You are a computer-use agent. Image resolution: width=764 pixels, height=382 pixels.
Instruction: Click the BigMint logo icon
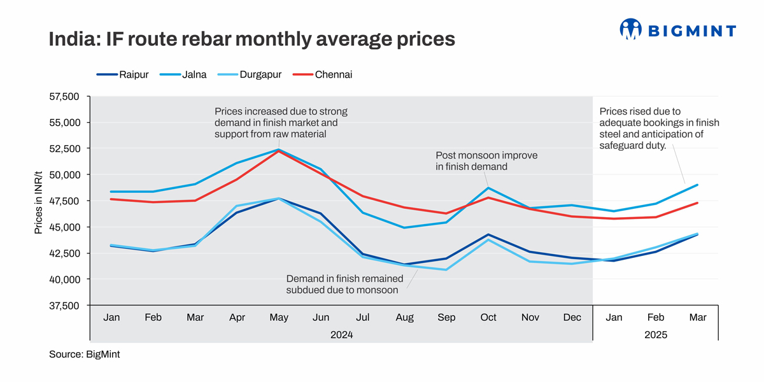pos(630,29)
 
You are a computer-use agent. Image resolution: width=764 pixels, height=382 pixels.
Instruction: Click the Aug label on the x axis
pos(404,318)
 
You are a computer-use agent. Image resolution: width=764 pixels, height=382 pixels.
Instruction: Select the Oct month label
pos(488,318)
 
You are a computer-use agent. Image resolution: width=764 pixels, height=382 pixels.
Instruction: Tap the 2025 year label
pos(656,334)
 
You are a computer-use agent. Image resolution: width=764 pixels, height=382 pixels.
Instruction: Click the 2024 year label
pos(341,334)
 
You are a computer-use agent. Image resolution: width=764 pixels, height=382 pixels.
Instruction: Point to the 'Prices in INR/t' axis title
pos(39,201)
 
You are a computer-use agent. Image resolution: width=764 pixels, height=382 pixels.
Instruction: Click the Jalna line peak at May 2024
pos(279,150)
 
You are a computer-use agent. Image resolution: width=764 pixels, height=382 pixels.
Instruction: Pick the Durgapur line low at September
pos(446,269)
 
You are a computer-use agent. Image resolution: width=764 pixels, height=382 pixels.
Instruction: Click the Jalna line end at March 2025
pos(698,185)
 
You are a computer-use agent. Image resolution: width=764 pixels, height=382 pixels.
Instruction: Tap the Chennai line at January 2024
pos(111,199)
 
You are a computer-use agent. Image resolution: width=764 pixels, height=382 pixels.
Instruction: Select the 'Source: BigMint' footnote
pos(84,355)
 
